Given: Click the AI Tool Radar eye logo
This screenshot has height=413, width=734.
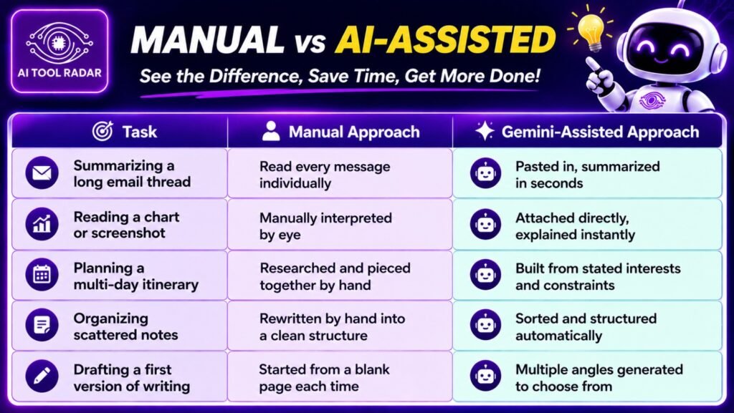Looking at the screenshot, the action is [59, 44].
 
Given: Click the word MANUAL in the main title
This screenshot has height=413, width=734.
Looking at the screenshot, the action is [207, 40].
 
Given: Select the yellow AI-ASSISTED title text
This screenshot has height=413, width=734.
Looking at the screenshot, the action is [445, 40].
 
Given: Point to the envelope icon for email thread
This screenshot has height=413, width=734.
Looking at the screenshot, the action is [42, 173].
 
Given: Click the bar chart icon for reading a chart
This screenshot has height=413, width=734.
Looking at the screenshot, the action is [42, 224].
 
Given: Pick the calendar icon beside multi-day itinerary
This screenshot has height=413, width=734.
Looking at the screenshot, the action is [42, 275].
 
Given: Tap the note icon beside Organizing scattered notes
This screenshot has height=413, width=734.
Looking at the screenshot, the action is [42, 325].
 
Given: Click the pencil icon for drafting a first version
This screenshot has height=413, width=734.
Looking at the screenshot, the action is [42, 376].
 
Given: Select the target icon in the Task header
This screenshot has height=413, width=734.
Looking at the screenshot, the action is [103, 131].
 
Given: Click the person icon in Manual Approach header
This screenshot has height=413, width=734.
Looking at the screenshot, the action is [271, 131].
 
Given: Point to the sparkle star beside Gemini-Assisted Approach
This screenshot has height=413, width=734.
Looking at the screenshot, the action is [484, 131].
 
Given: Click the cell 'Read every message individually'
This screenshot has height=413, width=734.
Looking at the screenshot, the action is [340, 173].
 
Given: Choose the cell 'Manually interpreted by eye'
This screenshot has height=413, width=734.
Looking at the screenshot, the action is [340, 224].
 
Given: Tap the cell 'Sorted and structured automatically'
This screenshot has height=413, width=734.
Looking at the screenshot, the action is [587, 326].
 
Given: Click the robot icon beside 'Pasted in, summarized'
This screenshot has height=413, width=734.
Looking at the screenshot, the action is [485, 173].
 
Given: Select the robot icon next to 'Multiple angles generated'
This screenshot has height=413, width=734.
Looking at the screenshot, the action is [485, 376].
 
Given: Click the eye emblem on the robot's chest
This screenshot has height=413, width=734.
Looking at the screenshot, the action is [651, 100].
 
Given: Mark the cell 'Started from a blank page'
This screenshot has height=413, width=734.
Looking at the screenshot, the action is [340, 376].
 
